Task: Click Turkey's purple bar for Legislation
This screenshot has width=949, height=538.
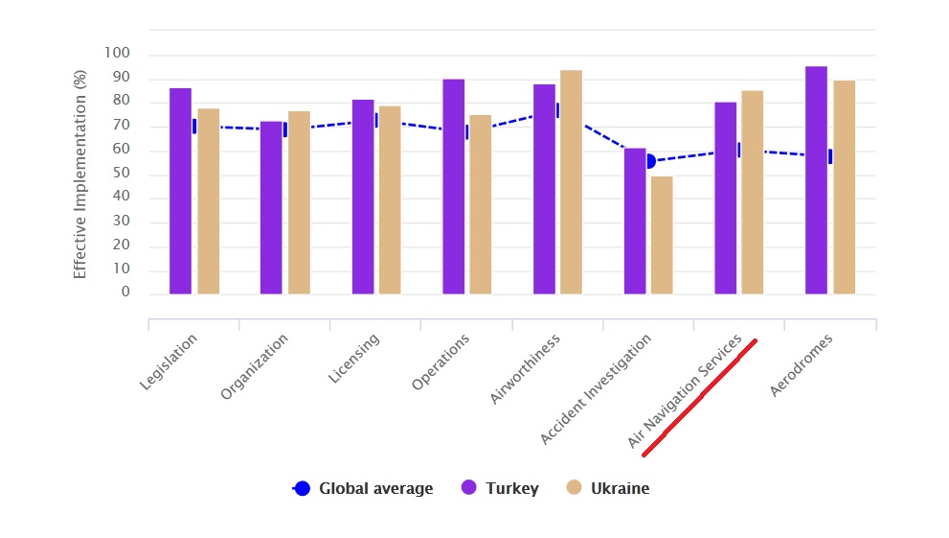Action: (181, 191)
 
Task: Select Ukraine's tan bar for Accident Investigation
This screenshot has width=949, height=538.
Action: (662, 235)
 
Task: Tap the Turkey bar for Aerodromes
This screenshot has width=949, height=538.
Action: (816, 180)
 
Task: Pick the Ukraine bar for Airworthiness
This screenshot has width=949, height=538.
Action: (571, 182)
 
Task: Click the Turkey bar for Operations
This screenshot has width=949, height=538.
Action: (454, 187)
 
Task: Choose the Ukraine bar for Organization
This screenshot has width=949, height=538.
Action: (299, 202)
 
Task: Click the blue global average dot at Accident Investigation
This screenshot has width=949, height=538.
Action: (649, 161)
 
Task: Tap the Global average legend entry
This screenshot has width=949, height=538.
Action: (364, 489)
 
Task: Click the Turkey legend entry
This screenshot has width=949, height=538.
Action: (501, 489)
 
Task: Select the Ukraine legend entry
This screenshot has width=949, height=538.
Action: (608, 489)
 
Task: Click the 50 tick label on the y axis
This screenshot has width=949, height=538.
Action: (121, 175)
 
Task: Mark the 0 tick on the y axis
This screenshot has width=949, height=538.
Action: (125, 293)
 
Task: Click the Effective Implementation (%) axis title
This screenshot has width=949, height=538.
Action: (80, 174)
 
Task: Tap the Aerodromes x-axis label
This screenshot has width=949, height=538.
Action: (802, 366)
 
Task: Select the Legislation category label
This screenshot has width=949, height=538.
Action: (169, 362)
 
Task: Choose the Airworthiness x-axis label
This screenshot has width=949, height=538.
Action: (526, 369)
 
